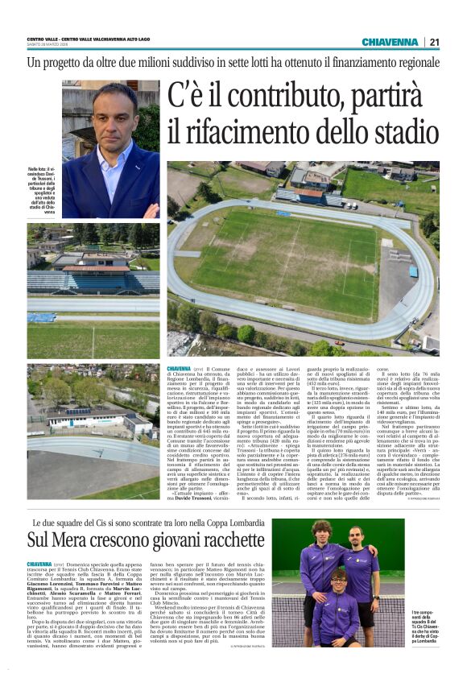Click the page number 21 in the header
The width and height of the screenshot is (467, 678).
(434, 42)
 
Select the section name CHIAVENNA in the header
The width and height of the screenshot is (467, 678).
(390, 42)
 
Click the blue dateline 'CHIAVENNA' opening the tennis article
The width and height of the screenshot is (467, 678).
(39, 564)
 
